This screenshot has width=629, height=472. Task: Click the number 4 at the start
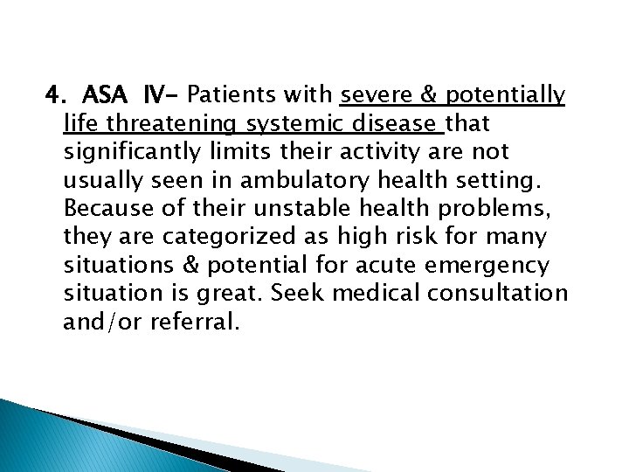pos(52,93)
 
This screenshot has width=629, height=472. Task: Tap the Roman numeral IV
pos(156,93)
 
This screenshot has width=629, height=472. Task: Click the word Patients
pos(225,93)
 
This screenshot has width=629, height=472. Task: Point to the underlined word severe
pos(373,93)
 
